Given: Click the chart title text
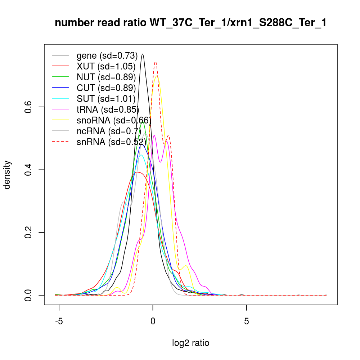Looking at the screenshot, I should tap(190, 23).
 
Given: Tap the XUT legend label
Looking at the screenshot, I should tap(106, 67).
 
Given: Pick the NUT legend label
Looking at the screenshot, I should tap(106, 77).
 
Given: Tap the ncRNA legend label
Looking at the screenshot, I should tap(108, 131).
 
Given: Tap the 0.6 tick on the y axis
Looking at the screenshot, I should tap(29, 107).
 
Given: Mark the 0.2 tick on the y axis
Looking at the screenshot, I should tap(29, 232).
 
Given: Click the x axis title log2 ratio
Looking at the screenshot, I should tap(191, 343).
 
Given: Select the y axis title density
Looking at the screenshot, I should tap(8, 175).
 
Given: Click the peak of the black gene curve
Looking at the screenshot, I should tap(143, 54).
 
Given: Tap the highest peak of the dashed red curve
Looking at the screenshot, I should tap(155, 62).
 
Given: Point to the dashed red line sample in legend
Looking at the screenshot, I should tap(60, 142).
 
